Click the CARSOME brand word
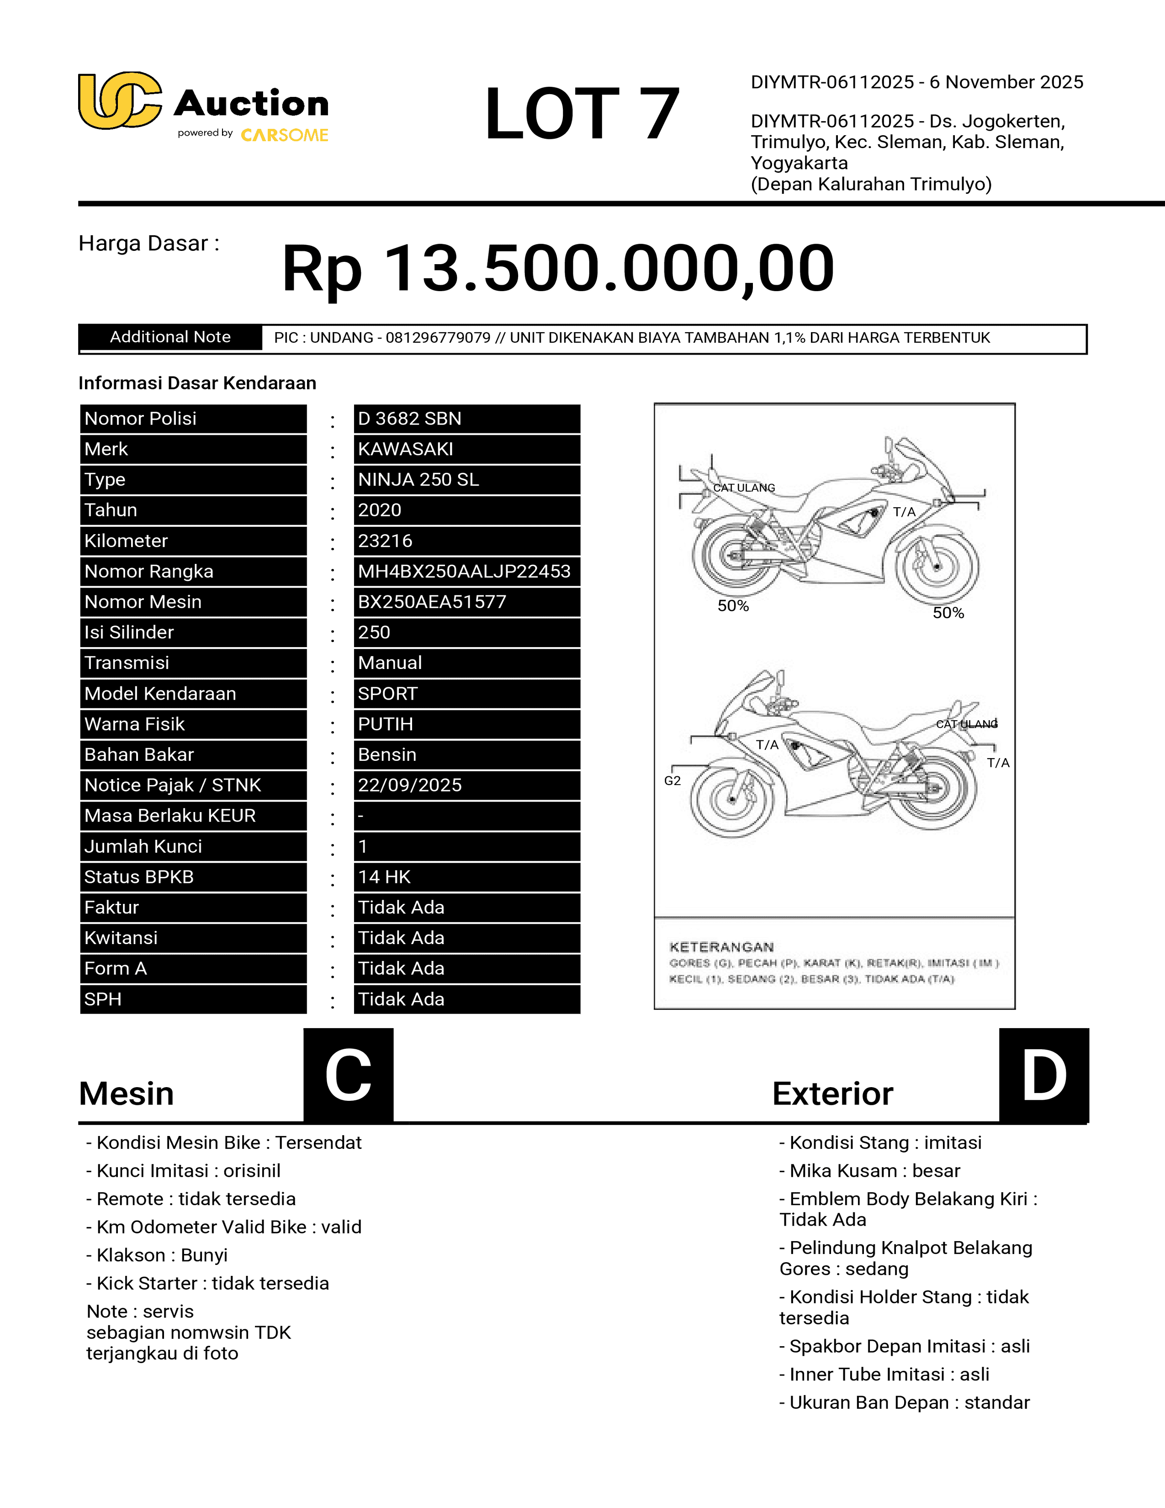(284, 135)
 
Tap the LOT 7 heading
(582, 114)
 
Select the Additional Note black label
(170, 337)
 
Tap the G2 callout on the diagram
(672, 781)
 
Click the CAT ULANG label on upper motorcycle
(744, 488)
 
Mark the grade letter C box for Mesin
(349, 1075)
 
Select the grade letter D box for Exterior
(1043, 1075)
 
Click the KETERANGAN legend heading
(721, 947)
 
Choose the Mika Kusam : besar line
(869, 1171)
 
